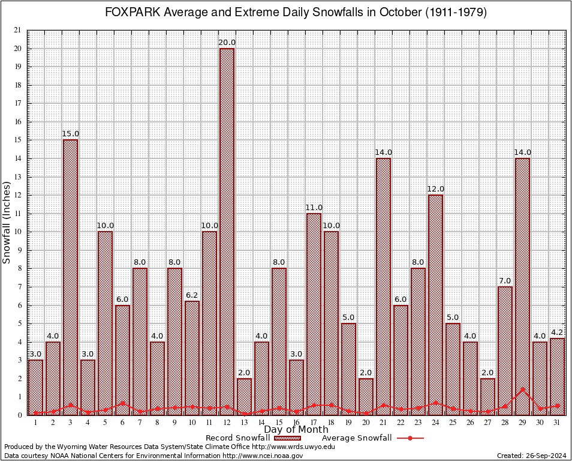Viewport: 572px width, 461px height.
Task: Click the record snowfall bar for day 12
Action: [x=227, y=231]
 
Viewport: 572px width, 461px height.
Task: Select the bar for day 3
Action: [x=70, y=276]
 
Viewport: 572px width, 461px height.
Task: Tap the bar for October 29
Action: [x=522, y=286]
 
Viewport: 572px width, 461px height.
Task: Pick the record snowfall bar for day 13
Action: [x=244, y=396]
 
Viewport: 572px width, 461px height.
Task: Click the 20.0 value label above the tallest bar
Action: [x=227, y=43]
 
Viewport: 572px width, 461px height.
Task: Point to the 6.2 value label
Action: [x=192, y=295]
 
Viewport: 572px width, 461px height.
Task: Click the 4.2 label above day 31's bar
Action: [x=557, y=332]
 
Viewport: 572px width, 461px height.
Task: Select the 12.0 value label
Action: [x=435, y=189]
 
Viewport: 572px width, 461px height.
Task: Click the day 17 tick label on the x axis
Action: [x=314, y=423]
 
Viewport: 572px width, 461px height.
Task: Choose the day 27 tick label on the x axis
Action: [x=487, y=423]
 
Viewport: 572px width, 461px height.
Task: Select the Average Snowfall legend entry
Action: [x=372, y=438]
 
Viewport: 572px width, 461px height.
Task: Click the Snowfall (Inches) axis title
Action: [x=7, y=222]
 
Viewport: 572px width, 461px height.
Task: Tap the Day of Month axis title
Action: [x=296, y=430]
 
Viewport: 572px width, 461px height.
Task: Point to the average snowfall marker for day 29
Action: [x=523, y=390]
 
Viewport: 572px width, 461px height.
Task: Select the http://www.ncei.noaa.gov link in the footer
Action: [x=263, y=456]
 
